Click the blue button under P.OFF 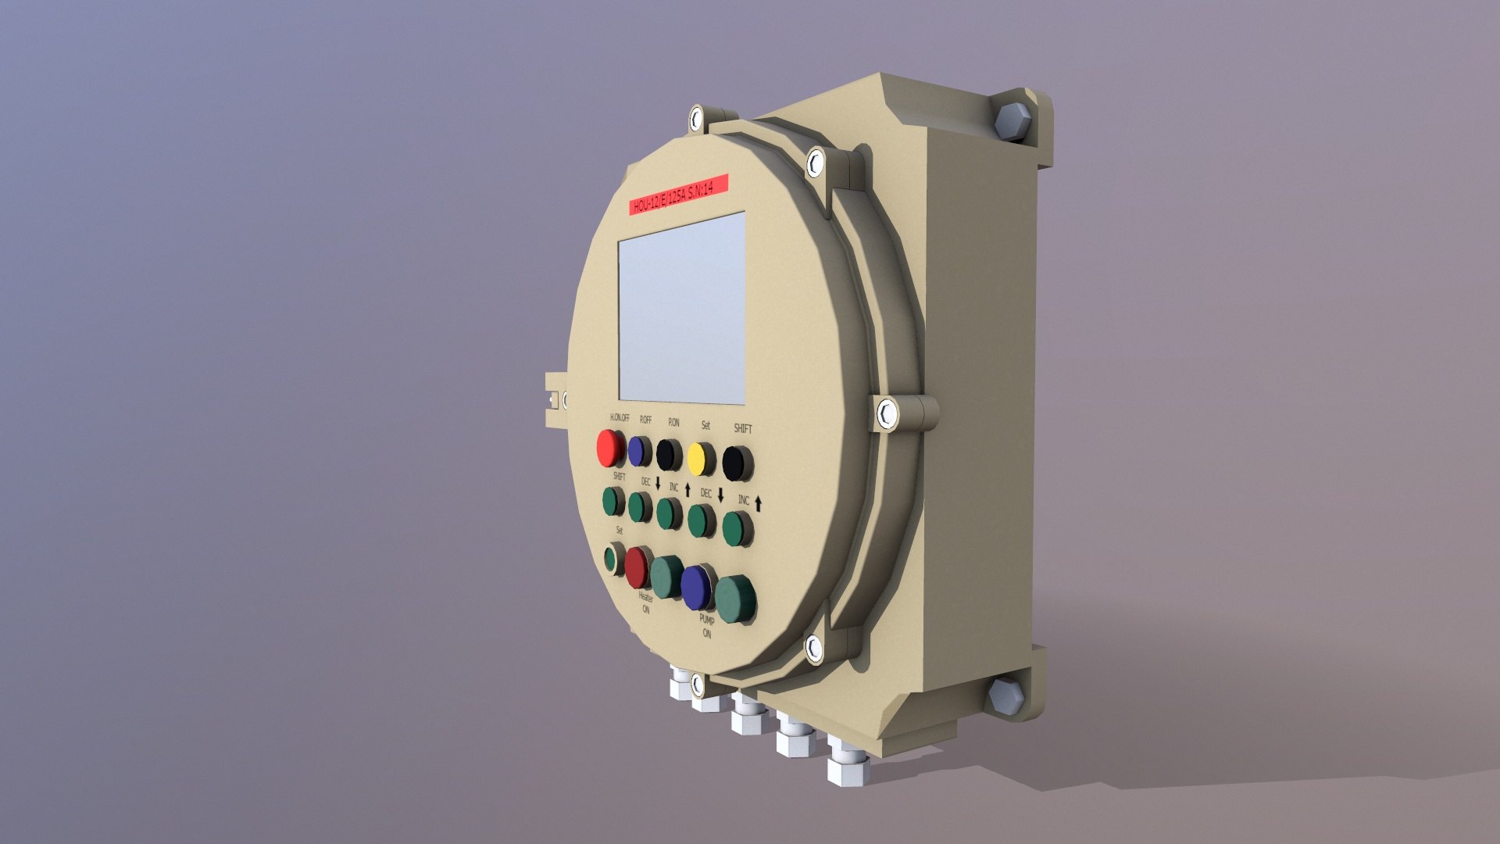pos(638,452)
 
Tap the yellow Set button pos(700,459)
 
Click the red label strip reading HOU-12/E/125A pos(679,194)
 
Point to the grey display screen pos(682,308)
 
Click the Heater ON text pos(645,603)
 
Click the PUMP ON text pos(706,627)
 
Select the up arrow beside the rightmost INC pos(758,504)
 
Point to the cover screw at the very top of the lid pos(695,120)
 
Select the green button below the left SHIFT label pos(613,501)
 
